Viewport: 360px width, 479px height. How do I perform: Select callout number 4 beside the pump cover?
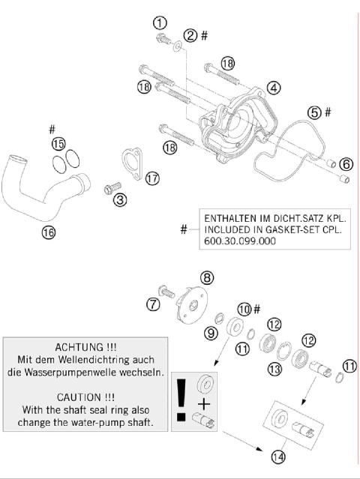273,88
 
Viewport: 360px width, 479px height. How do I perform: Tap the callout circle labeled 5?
314,112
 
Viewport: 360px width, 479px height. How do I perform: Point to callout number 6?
345,163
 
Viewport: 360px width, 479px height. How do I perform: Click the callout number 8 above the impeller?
206,277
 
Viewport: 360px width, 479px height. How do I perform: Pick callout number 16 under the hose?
48,232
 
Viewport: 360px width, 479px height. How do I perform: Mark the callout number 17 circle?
152,178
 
